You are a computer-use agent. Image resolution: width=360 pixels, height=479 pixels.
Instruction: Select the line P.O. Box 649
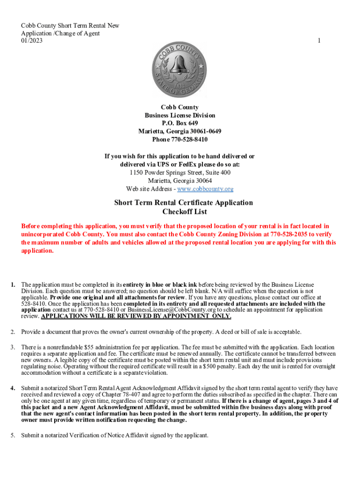(x=180, y=123)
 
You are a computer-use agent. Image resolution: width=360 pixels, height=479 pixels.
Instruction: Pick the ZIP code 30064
(x=202, y=181)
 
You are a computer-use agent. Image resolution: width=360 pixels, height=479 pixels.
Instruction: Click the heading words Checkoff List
(x=184, y=212)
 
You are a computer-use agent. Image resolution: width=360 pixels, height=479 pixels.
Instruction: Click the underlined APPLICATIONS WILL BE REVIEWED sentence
(x=136, y=316)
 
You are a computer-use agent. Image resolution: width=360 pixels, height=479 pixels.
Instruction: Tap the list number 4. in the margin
(x=13, y=388)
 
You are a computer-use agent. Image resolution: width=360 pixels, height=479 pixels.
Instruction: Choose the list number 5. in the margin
(x=13, y=436)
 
